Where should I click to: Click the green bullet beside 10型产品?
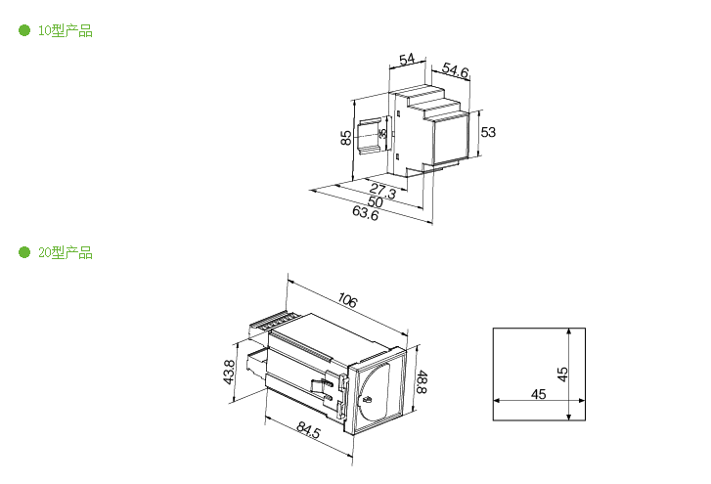pyautogui.click(x=24, y=30)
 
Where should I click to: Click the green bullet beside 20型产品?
pyautogui.click(x=24, y=252)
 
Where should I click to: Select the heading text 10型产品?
pyautogui.click(x=66, y=30)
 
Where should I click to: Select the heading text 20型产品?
pyautogui.click(x=66, y=252)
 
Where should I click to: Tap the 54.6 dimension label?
pyautogui.click(x=455, y=70)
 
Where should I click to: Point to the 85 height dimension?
pyautogui.click(x=346, y=137)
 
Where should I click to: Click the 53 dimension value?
pyautogui.click(x=488, y=132)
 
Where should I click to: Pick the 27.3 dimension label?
pyautogui.click(x=382, y=191)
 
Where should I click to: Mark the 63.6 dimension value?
pyautogui.click(x=366, y=212)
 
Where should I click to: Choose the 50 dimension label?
pyautogui.click(x=376, y=201)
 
